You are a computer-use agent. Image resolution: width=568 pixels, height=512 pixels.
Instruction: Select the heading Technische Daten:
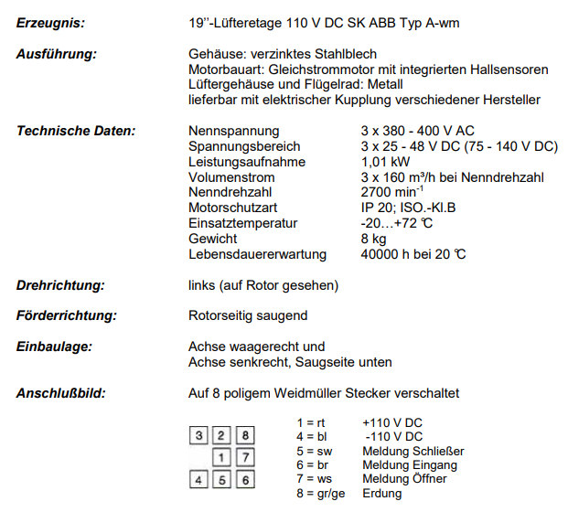76,131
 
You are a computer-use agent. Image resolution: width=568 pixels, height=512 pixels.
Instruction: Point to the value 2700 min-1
393,193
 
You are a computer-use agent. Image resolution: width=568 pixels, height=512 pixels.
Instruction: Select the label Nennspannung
233,131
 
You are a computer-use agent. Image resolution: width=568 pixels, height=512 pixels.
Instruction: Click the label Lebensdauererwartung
257,254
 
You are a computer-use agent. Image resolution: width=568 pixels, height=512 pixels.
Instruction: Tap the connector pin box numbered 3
201,435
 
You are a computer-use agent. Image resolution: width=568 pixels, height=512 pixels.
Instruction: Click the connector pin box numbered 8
244,435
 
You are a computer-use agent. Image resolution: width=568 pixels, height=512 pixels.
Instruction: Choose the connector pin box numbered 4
201,478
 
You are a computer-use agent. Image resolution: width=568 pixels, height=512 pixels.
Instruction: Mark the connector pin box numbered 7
244,456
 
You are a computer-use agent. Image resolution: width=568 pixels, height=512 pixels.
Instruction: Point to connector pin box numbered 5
223,478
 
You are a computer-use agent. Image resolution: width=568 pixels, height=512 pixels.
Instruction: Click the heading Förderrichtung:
67,315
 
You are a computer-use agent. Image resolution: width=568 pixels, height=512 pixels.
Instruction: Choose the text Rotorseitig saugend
248,315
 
